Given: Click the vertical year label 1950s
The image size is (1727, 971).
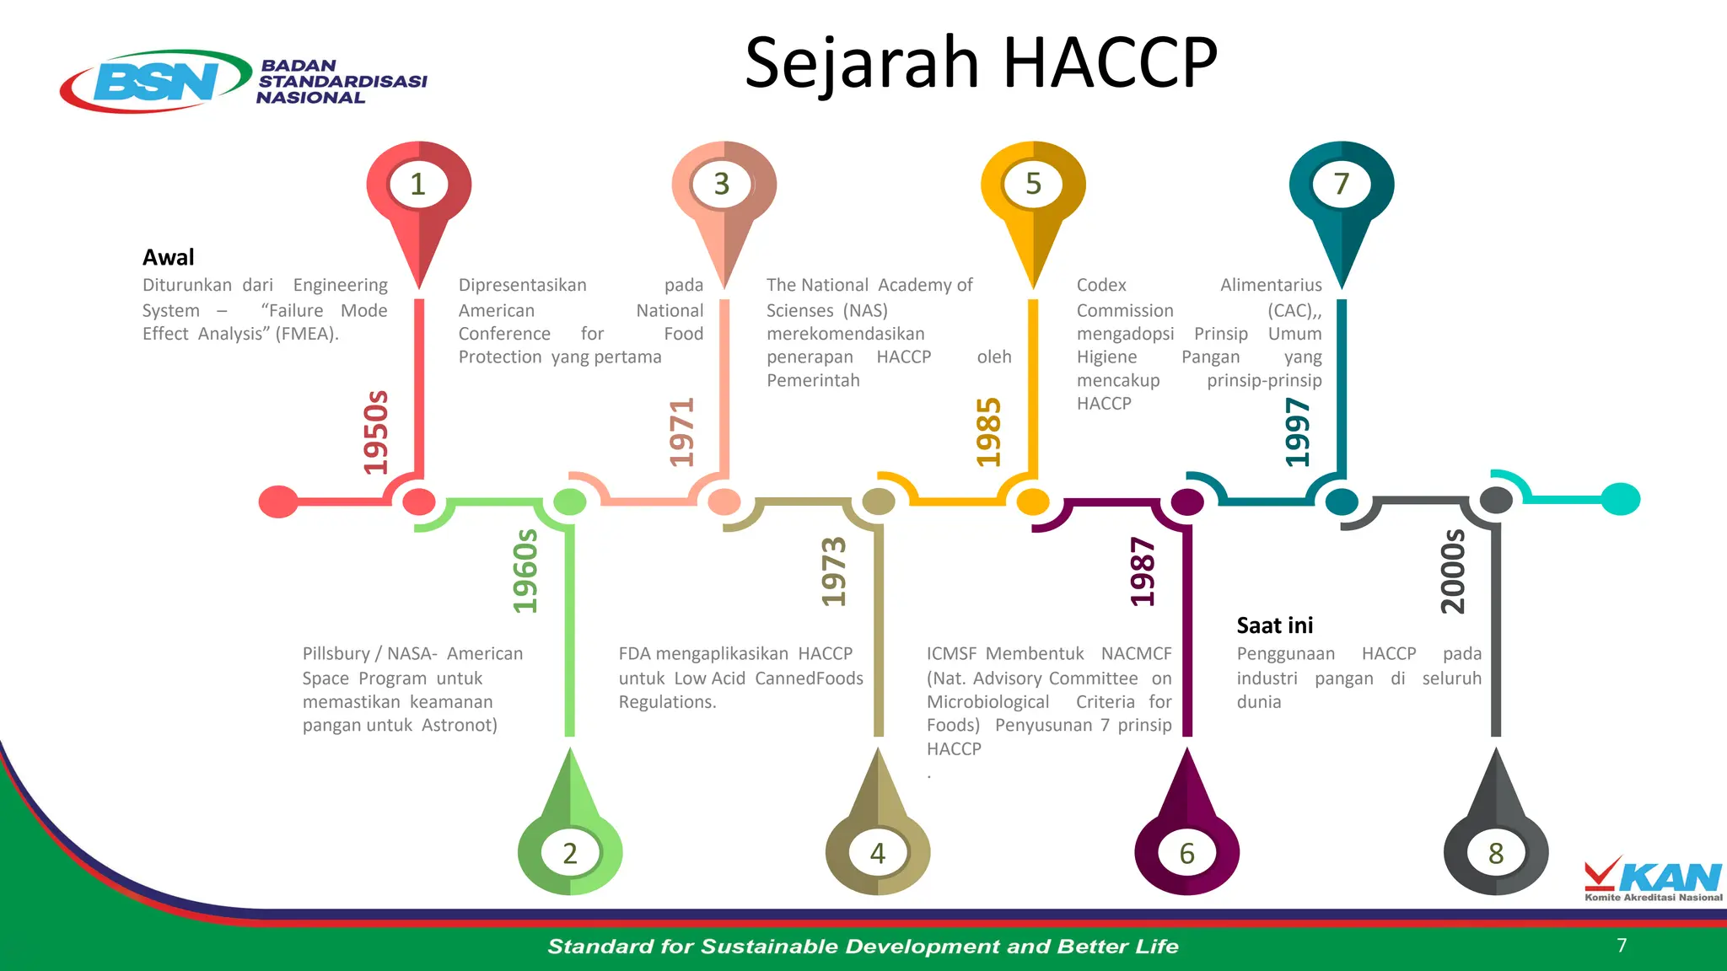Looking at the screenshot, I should pyautogui.click(x=376, y=432).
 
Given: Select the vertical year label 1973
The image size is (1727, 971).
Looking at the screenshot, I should pyautogui.click(x=834, y=571).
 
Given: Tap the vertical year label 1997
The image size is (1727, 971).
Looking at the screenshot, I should pyautogui.click(x=1298, y=432).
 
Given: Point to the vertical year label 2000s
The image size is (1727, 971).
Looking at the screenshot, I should pyautogui.click(x=1453, y=571).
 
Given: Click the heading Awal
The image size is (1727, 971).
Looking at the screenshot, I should pyautogui.click(x=168, y=257).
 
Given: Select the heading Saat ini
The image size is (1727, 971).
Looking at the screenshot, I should pyautogui.click(x=1274, y=625).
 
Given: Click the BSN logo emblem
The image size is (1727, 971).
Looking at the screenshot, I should pyautogui.click(x=156, y=81).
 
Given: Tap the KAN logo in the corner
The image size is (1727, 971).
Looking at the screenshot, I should pyautogui.click(x=1653, y=879).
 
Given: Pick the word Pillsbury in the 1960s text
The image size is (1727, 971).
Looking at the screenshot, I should pyautogui.click(x=336, y=654).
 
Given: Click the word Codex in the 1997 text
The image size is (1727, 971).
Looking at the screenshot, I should pyautogui.click(x=1101, y=285).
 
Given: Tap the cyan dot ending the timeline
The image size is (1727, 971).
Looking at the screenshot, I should pyautogui.click(x=1620, y=499).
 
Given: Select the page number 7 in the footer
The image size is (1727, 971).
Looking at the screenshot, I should pyautogui.click(x=1622, y=945).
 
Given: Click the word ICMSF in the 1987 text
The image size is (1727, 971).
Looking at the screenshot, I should pyautogui.click(x=951, y=654).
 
